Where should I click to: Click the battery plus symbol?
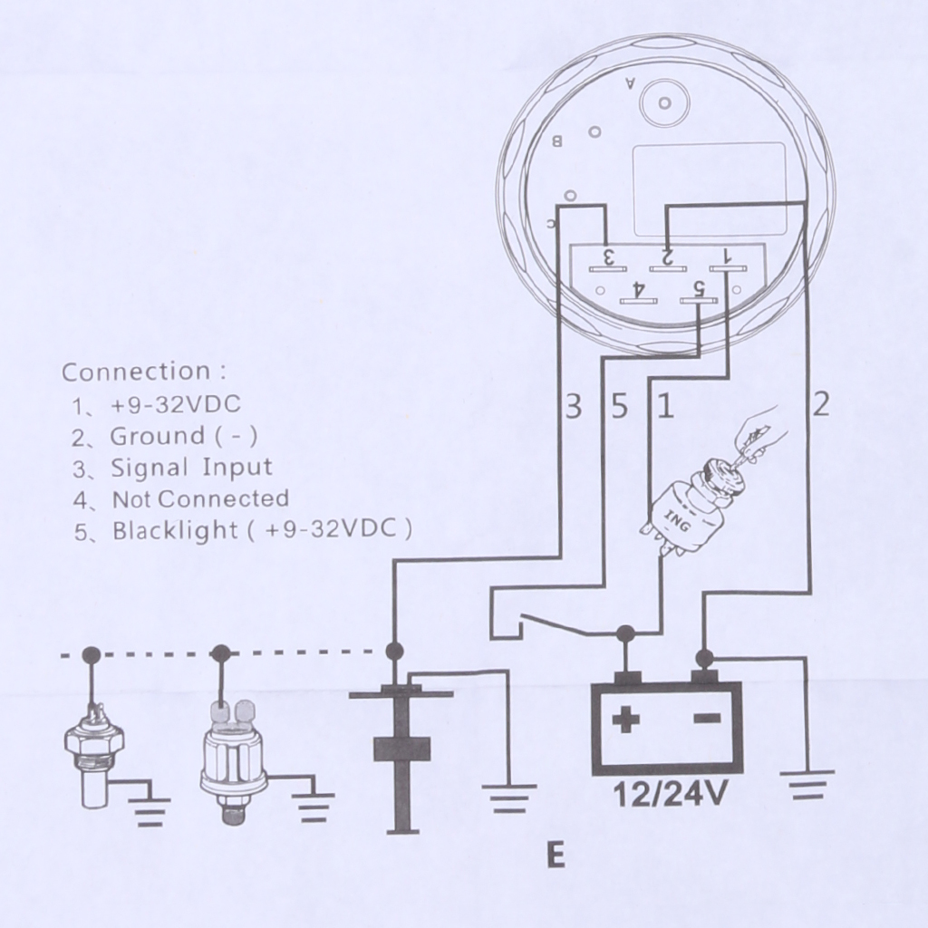pos(625,721)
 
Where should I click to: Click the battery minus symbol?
pos(708,720)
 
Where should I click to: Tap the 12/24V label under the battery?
pos(671,795)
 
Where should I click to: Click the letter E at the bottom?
pos(556,855)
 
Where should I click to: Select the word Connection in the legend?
pos(136,372)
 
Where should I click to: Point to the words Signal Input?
pos(191,468)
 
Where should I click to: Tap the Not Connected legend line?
pos(200,498)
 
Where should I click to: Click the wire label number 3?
pos(573,407)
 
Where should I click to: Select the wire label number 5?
pos(619,407)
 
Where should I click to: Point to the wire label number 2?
pos(820,404)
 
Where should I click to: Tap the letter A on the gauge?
pos(632,85)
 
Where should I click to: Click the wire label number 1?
pos(666,407)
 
